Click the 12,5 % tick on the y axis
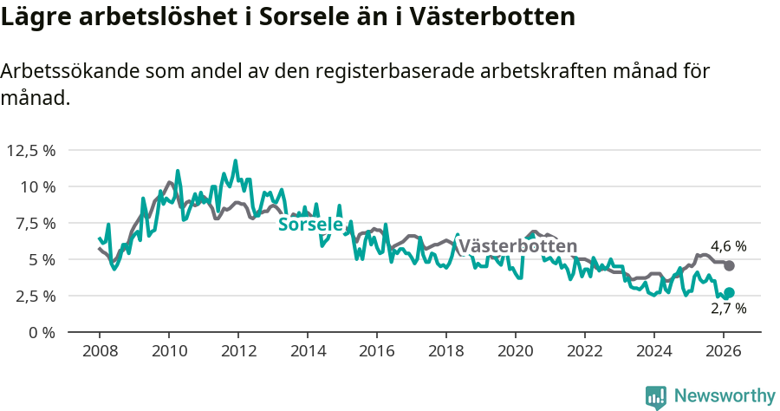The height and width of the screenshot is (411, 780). tap(31, 150)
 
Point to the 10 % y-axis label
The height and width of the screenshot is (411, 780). tap(37, 186)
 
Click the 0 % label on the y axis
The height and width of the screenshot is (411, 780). tap(42, 332)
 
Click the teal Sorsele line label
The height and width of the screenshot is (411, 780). tap(309, 225)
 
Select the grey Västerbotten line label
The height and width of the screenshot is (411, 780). tap(517, 246)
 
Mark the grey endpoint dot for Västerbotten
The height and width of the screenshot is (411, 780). tap(729, 265)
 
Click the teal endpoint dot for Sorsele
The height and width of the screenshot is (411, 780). tap(729, 293)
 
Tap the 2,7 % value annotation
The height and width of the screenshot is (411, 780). tap(728, 309)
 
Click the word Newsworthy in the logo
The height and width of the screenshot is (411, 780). tap(724, 396)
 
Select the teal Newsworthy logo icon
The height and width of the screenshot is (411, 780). tap(656, 397)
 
